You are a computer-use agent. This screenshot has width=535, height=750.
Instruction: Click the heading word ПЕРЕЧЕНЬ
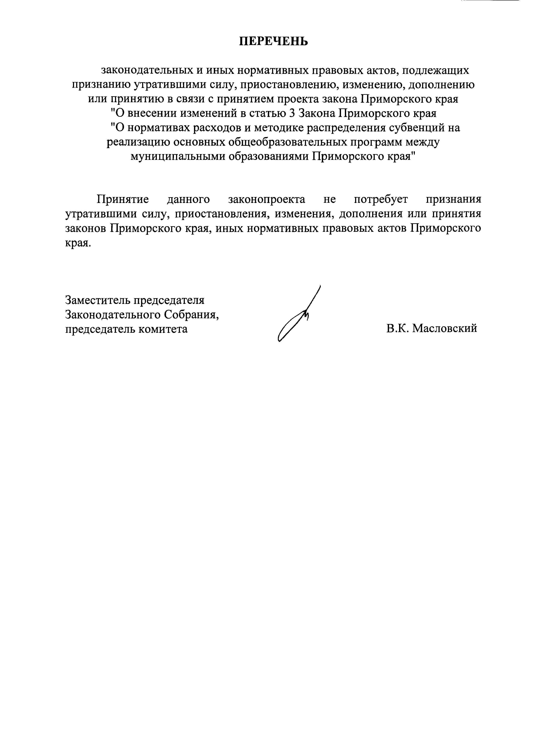[x=273, y=41]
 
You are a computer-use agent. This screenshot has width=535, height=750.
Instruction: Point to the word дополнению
[x=442, y=85]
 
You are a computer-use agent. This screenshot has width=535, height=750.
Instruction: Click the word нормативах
[x=159, y=127]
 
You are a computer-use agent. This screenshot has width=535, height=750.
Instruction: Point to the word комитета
[x=163, y=329]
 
